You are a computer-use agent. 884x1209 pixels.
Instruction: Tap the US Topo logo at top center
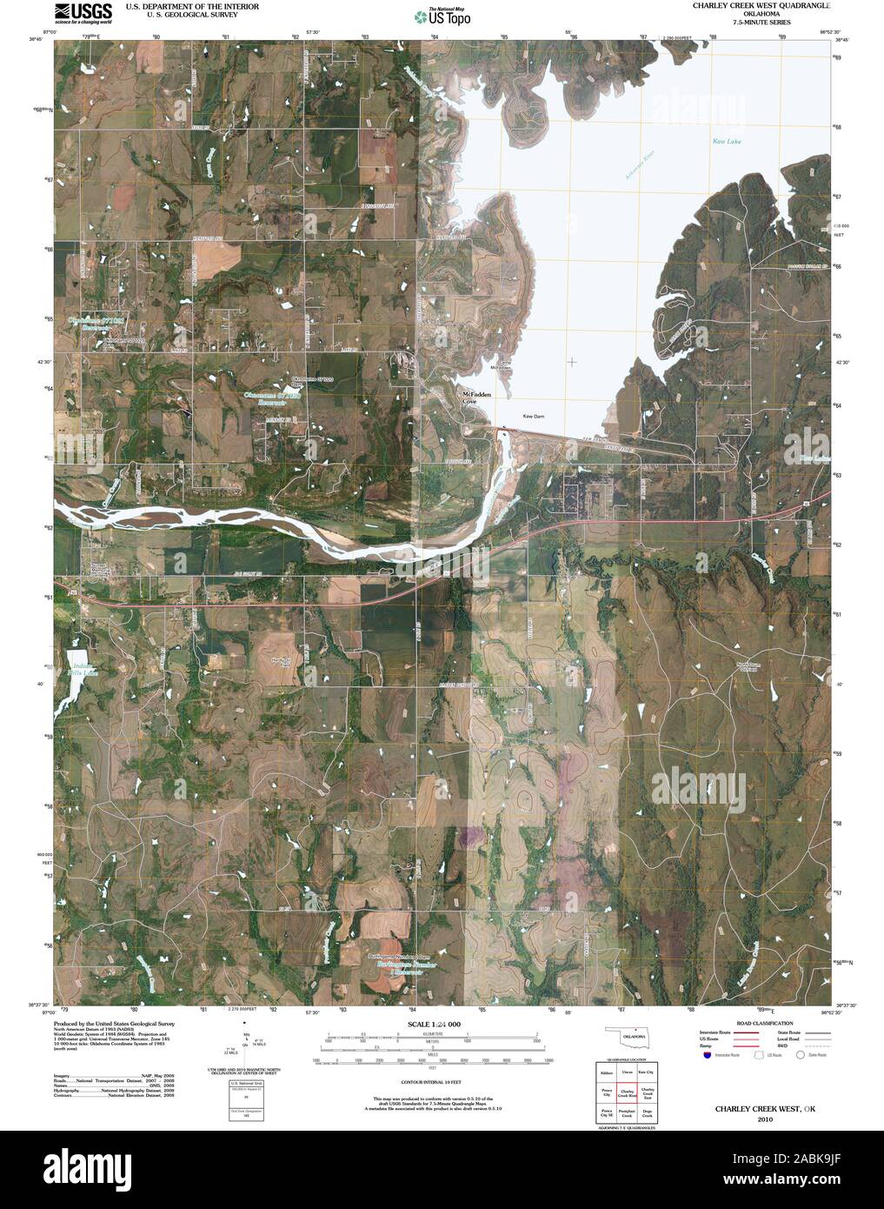point(442,15)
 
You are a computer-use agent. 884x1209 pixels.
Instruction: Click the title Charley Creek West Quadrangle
point(761,5)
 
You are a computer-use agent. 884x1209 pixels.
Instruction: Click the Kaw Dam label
point(532,416)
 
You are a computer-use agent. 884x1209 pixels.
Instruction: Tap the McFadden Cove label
point(475,398)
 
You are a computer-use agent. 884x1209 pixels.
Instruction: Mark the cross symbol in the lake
point(571,361)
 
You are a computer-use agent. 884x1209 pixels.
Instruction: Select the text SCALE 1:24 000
point(432,1025)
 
